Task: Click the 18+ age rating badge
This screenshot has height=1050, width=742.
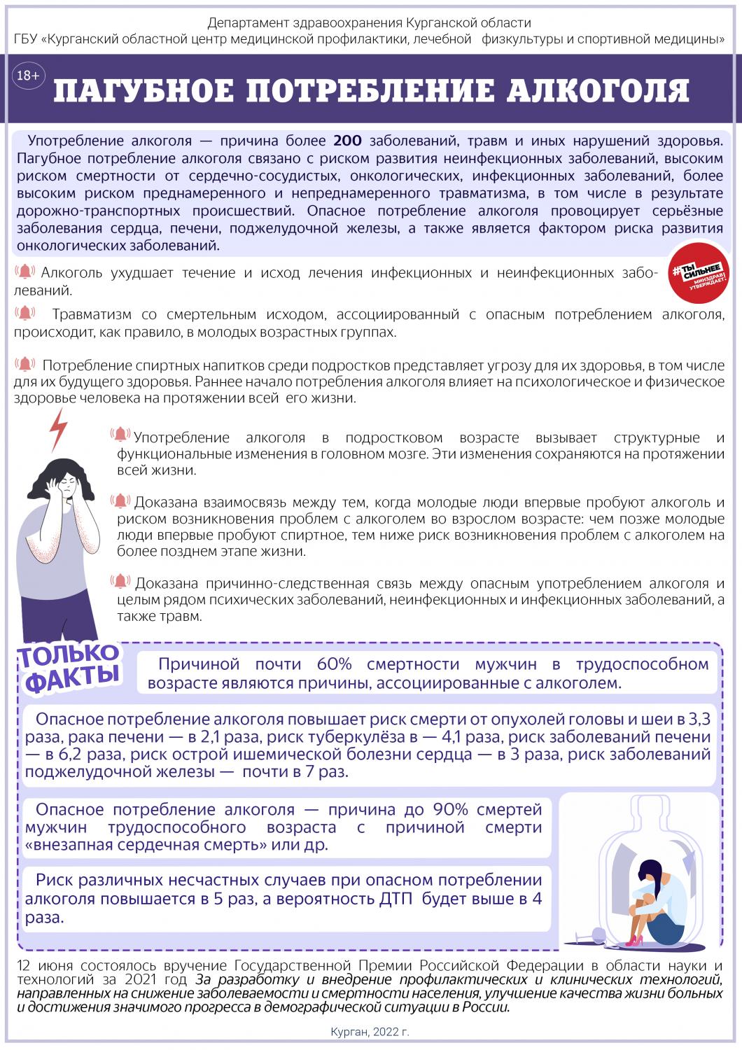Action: pyautogui.click(x=27, y=76)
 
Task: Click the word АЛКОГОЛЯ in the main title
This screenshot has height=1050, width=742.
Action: pyautogui.click(x=595, y=91)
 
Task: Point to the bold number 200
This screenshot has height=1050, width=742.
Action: pyautogui.click(x=347, y=140)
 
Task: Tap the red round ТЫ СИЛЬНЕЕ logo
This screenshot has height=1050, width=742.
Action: pyautogui.click(x=697, y=274)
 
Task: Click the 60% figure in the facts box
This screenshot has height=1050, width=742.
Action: pyautogui.click(x=334, y=664)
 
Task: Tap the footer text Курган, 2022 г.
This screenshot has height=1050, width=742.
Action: pyautogui.click(x=370, y=1032)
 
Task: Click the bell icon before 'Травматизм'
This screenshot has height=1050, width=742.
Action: pyautogui.click(x=25, y=313)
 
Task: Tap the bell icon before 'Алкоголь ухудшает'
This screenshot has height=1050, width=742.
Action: pyautogui.click(x=25, y=272)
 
